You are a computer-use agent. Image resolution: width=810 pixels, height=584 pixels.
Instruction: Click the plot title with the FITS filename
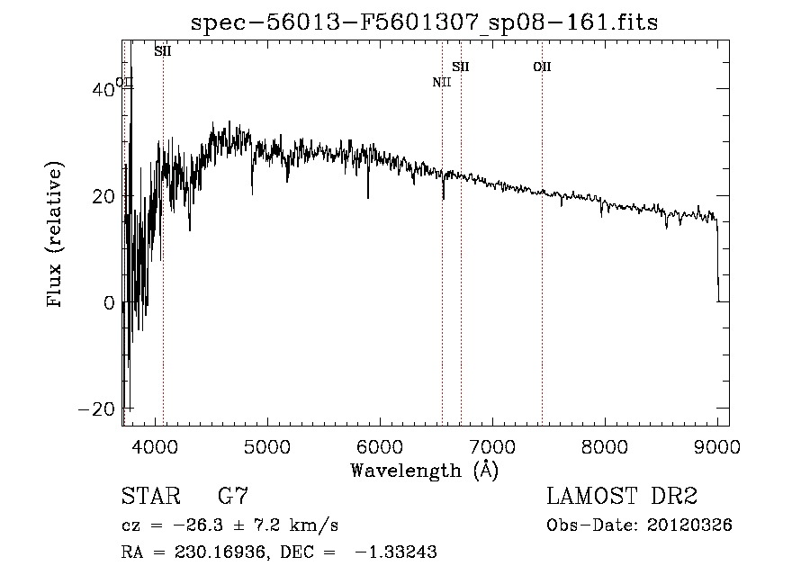(425, 22)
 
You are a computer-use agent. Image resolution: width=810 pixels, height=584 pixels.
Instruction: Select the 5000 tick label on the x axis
(266, 445)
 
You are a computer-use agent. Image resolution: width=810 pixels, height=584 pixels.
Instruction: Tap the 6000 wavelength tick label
(379, 445)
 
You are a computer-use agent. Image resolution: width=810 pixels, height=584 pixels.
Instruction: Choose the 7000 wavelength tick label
(492, 445)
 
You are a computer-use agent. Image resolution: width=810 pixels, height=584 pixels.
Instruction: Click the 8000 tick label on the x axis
(605, 445)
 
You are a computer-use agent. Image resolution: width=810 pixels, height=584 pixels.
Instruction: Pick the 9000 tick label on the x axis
(717, 445)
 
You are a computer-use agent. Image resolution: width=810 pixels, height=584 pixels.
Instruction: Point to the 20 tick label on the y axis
(105, 196)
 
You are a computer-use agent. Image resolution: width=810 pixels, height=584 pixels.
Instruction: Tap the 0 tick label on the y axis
(110, 303)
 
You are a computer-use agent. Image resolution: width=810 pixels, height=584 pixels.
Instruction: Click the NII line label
(441, 83)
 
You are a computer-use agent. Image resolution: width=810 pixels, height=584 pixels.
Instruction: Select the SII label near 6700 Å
(461, 67)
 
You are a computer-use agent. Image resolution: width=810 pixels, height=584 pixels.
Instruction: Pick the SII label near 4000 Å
(163, 51)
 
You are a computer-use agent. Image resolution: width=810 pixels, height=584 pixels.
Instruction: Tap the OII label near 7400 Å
(542, 67)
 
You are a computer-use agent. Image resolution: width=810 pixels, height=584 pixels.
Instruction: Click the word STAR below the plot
(149, 497)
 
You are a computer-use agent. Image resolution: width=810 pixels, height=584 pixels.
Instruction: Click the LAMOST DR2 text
(622, 497)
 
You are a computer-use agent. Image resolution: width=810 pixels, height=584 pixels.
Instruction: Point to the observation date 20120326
(690, 526)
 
